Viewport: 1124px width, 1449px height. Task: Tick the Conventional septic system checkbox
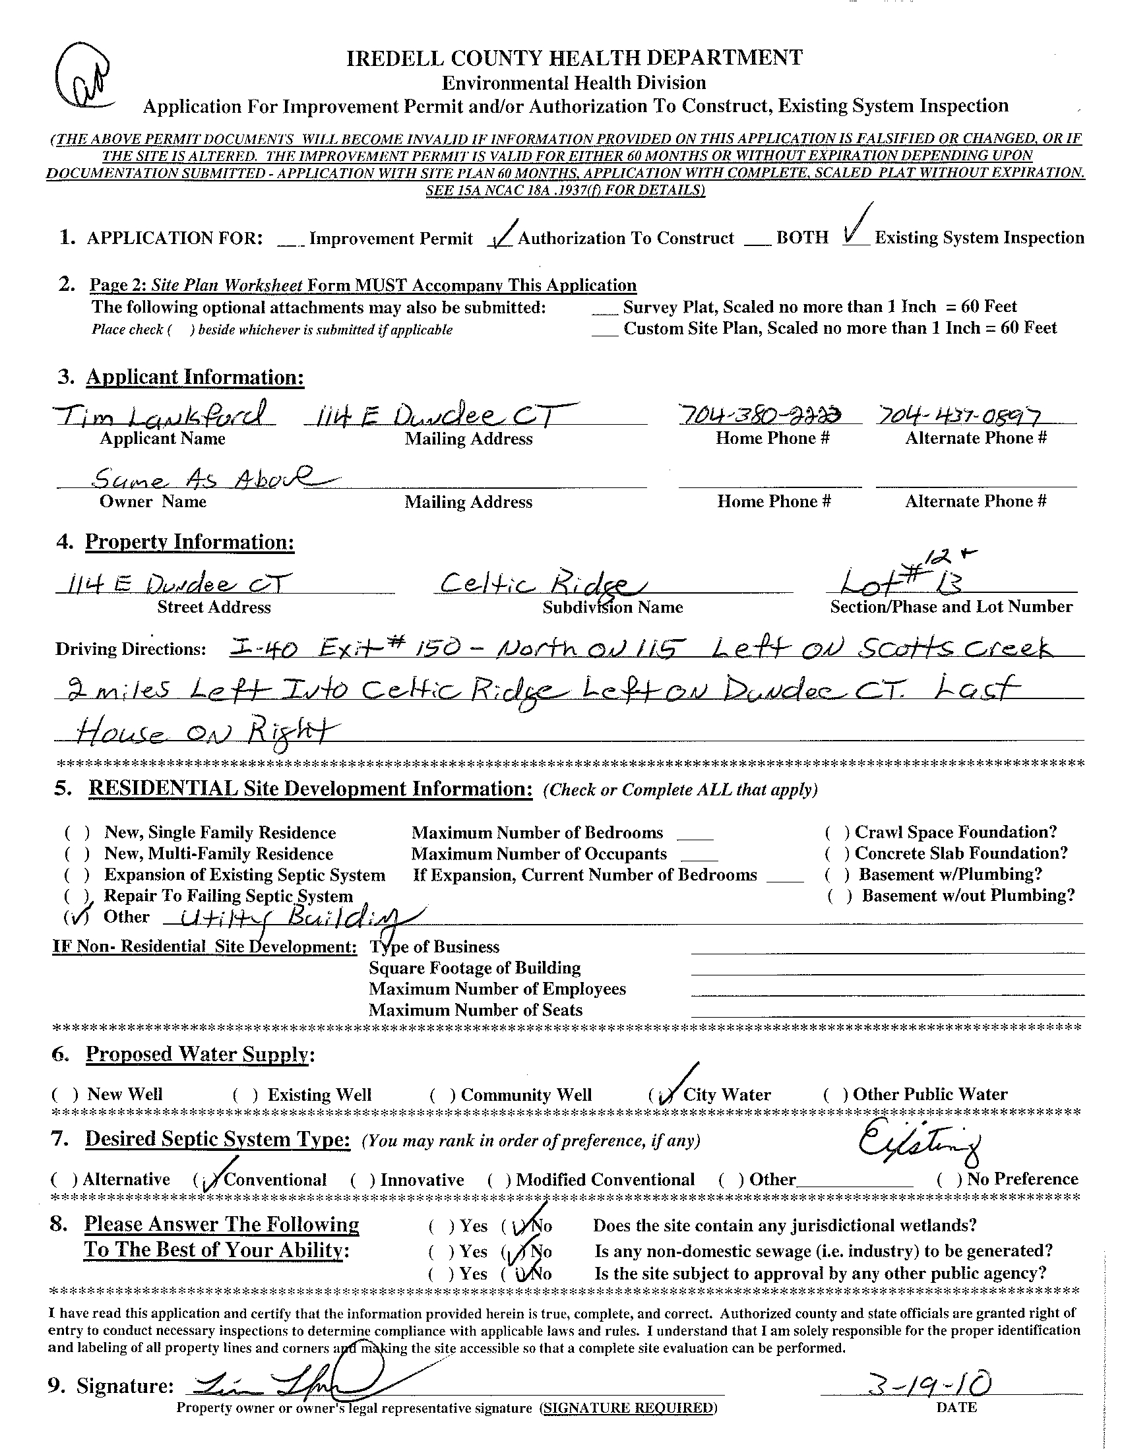(208, 1180)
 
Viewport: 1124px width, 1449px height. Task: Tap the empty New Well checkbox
(66, 1095)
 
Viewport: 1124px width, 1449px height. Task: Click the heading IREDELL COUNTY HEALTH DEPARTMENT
(574, 58)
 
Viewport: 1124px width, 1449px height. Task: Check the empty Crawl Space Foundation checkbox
(837, 832)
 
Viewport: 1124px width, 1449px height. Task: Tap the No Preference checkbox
(949, 1180)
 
